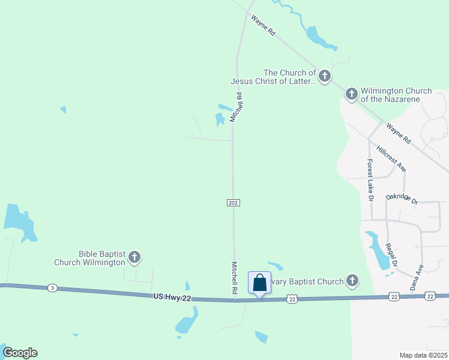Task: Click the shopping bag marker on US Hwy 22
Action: pos(259,282)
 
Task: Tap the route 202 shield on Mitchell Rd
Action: pos(234,203)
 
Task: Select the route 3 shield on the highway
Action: pos(53,288)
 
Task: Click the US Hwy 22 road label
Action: pos(172,296)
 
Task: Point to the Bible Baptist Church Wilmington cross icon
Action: pos(134,258)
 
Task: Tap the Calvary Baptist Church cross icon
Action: pos(352,281)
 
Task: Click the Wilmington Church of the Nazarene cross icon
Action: pos(351,94)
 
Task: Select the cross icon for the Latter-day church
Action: pos(324,76)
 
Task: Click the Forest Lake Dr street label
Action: pos(370,180)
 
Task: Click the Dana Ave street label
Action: pos(417,277)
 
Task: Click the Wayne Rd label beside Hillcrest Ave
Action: pos(399,133)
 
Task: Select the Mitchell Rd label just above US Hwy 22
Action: pos(234,278)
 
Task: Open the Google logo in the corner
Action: pos(20,353)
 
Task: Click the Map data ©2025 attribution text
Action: pos(423,355)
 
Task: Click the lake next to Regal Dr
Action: pos(378,251)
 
